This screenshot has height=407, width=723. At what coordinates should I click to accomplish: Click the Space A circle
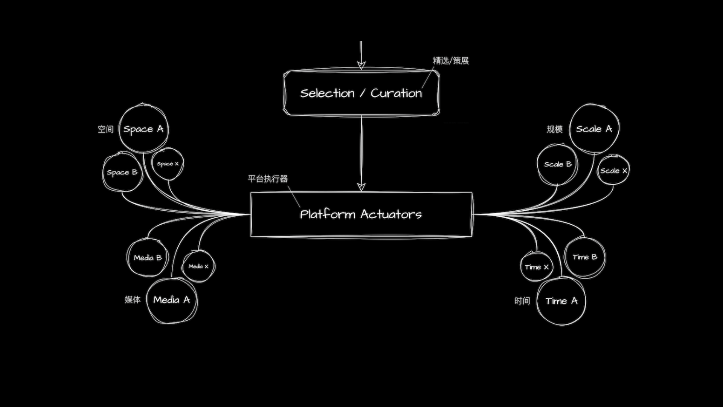pyautogui.click(x=143, y=129)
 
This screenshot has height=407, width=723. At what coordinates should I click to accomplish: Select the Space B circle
pyautogui.click(x=122, y=172)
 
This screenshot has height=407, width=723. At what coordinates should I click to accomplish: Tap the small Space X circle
pyautogui.click(x=168, y=164)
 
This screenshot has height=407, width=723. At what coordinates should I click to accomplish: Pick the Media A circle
pyautogui.click(x=172, y=300)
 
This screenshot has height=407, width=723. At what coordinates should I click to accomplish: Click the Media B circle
pyautogui.click(x=148, y=258)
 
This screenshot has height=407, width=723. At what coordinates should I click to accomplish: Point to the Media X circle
pyautogui.click(x=198, y=266)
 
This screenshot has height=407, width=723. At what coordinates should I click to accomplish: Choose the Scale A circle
pyautogui.click(x=594, y=129)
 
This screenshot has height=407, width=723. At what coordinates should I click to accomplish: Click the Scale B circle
pyautogui.click(x=558, y=164)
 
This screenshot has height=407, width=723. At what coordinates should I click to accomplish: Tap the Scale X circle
pyautogui.click(x=613, y=170)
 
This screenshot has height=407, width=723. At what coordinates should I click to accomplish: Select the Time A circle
pyautogui.click(x=561, y=301)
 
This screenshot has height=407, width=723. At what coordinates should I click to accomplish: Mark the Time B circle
pyautogui.click(x=585, y=257)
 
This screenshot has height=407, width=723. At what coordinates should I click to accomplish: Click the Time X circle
pyautogui.click(x=537, y=267)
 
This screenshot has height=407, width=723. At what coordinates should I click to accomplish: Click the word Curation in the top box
pyautogui.click(x=396, y=93)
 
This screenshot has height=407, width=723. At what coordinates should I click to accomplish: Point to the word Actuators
pyautogui.click(x=391, y=214)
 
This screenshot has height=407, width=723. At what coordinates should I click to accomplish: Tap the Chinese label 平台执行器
pyautogui.click(x=268, y=179)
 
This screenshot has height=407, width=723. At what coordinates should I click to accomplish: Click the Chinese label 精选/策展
pyautogui.click(x=451, y=61)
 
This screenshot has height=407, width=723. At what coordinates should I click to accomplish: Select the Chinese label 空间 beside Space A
pyautogui.click(x=105, y=129)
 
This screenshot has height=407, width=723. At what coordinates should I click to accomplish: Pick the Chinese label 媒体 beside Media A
pyautogui.click(x=133, y=300)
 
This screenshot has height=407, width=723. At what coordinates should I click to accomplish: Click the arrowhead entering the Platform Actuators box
pyautogui.click(x=361, y=187)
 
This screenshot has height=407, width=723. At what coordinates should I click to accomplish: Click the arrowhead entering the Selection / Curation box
pyautogui.click(x=361, y=66)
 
